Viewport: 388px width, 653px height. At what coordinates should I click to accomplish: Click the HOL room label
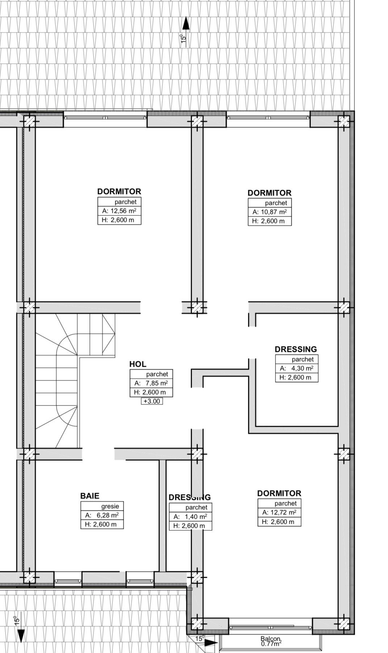pyautogui.click(x=138, y=364)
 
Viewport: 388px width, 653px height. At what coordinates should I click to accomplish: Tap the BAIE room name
pyautogui.click(x=90, y=496)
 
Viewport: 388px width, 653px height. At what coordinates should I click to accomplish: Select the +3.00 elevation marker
pyautogui.click(x=152, y=401)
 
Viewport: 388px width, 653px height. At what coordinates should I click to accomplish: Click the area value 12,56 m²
pyautogui.click(x=124, y=211)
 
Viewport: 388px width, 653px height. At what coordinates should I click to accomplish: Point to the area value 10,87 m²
pyautogui.click(x=274, y=212)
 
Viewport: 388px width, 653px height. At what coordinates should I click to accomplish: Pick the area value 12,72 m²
pyautogui.click(x=284, y=512)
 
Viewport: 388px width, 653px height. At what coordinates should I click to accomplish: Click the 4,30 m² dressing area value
pyautogui.click(x=302, y=368)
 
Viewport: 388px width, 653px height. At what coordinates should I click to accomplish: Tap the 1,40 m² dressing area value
pyautogui.click(x=196, y=517)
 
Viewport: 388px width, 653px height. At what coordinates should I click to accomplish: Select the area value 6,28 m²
pyautogui.click(x=108, y=515)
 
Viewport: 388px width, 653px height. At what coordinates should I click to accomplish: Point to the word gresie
pyautogui.click(x=110, y=506)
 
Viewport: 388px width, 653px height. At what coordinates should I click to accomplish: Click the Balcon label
pyautogui.click(x=271, y=639)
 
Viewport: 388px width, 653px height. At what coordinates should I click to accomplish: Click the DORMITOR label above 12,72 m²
pyautogui.click(x=279, y=493)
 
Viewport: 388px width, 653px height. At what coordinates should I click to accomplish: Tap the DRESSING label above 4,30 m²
pyautogui.click(x=296, y=349)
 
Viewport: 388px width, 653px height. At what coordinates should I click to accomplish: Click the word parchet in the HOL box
pyautogui.click(x=157, y=374)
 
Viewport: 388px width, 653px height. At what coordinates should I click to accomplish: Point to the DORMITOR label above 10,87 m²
pyautogui.click(x=270, y=193)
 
